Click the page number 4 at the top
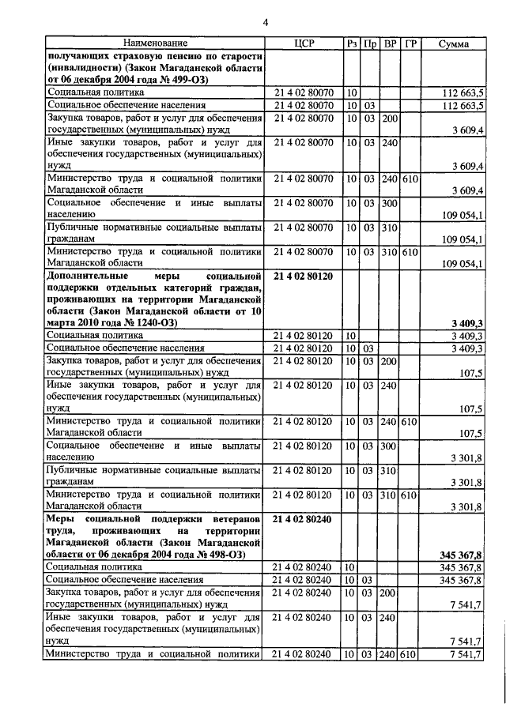[266, 23]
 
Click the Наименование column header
[154, 43]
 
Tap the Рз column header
[353, 43]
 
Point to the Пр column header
[370, 43]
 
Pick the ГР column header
[409, 43]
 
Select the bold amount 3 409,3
[467, 323]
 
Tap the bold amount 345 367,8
[461, 555]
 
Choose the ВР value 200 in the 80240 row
[389, 592]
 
